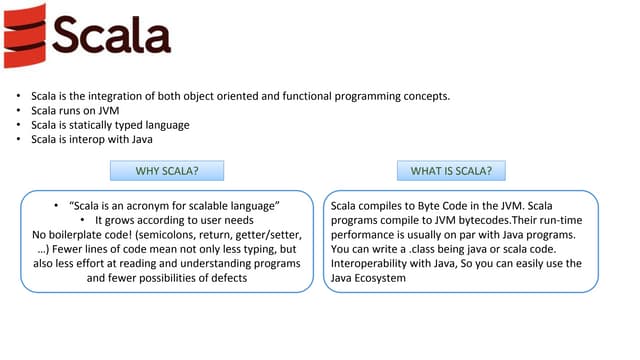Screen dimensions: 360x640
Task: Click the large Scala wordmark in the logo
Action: pos(111,34)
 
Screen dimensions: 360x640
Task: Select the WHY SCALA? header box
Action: pos(166,171)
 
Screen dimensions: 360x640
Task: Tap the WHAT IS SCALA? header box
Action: pos(451,171)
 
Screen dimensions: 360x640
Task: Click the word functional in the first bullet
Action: pos(300,97)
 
